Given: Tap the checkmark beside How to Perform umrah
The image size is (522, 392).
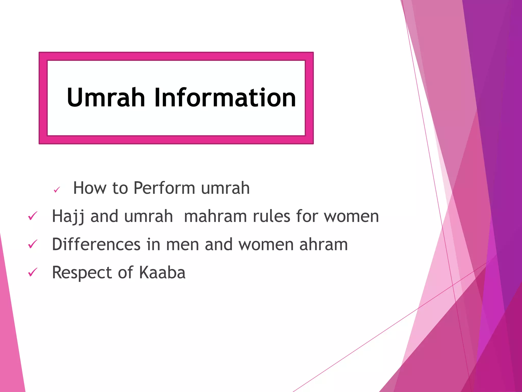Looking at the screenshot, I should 57,190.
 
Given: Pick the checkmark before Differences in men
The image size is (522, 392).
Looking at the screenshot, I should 33,244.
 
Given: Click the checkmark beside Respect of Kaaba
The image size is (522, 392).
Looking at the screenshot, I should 33,272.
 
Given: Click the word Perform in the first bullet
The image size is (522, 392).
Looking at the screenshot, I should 164,188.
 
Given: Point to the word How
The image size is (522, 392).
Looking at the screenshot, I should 89,188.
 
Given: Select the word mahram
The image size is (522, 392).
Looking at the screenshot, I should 215,216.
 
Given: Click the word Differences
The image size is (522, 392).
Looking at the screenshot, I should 96,244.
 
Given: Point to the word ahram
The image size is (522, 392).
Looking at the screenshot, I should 323,244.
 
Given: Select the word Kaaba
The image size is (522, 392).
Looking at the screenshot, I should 162,272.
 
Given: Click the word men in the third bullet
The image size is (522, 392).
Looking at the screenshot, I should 182,244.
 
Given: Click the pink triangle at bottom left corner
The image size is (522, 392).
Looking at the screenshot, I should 10,345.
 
